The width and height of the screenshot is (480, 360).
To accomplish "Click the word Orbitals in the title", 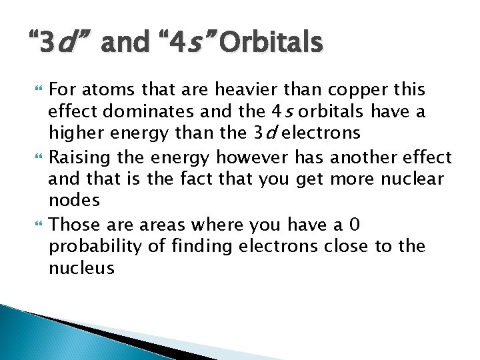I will click(x=271, y=43).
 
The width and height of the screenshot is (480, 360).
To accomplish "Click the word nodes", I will click(x=74, y=200).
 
